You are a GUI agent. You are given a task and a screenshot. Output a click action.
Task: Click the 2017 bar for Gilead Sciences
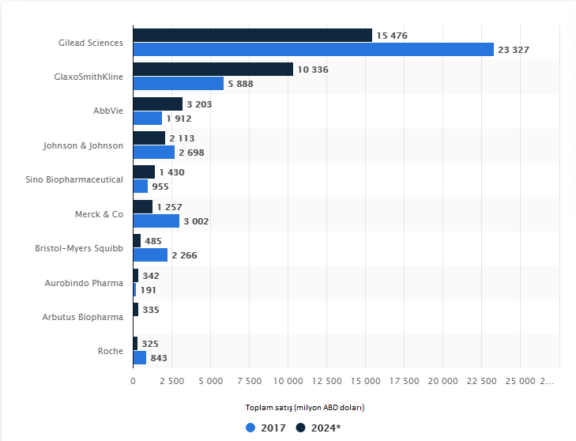click(313, 49)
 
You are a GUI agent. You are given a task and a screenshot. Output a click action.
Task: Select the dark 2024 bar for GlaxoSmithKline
click(213, 70)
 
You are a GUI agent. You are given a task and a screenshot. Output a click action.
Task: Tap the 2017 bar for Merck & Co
click(156, 220)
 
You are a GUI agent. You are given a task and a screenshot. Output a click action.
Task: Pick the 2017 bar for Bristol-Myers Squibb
click(150, 254)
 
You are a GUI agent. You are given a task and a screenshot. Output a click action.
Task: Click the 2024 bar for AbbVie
click(157, 104)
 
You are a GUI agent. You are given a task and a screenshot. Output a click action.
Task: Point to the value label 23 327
click(513, 50)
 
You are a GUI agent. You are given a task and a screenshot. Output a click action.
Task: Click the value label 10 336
click(313, 70)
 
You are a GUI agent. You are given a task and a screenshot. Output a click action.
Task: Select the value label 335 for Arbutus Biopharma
click(150, 310)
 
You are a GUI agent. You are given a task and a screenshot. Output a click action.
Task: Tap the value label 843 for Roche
click(159, 358)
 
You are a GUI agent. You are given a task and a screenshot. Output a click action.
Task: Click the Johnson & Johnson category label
click(83, 145)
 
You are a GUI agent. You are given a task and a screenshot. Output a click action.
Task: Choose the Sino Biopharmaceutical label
click(74, 179)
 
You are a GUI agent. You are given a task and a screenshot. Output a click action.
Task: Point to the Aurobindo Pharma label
click(85, 282)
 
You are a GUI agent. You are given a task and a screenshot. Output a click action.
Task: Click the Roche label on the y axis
click(111, 351)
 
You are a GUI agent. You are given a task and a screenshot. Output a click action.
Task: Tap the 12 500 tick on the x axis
click(326, 381)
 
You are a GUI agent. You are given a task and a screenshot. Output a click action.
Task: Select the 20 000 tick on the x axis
click(442, 381)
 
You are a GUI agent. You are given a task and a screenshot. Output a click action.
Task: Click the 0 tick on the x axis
click(133, 381)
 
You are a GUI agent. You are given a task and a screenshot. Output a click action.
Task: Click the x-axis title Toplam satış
click(304, 408)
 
